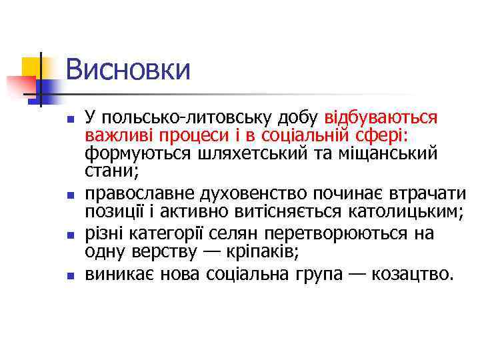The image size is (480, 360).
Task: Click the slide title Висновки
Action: tap(128, 70)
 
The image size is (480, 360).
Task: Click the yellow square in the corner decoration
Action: tap(31, 66)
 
